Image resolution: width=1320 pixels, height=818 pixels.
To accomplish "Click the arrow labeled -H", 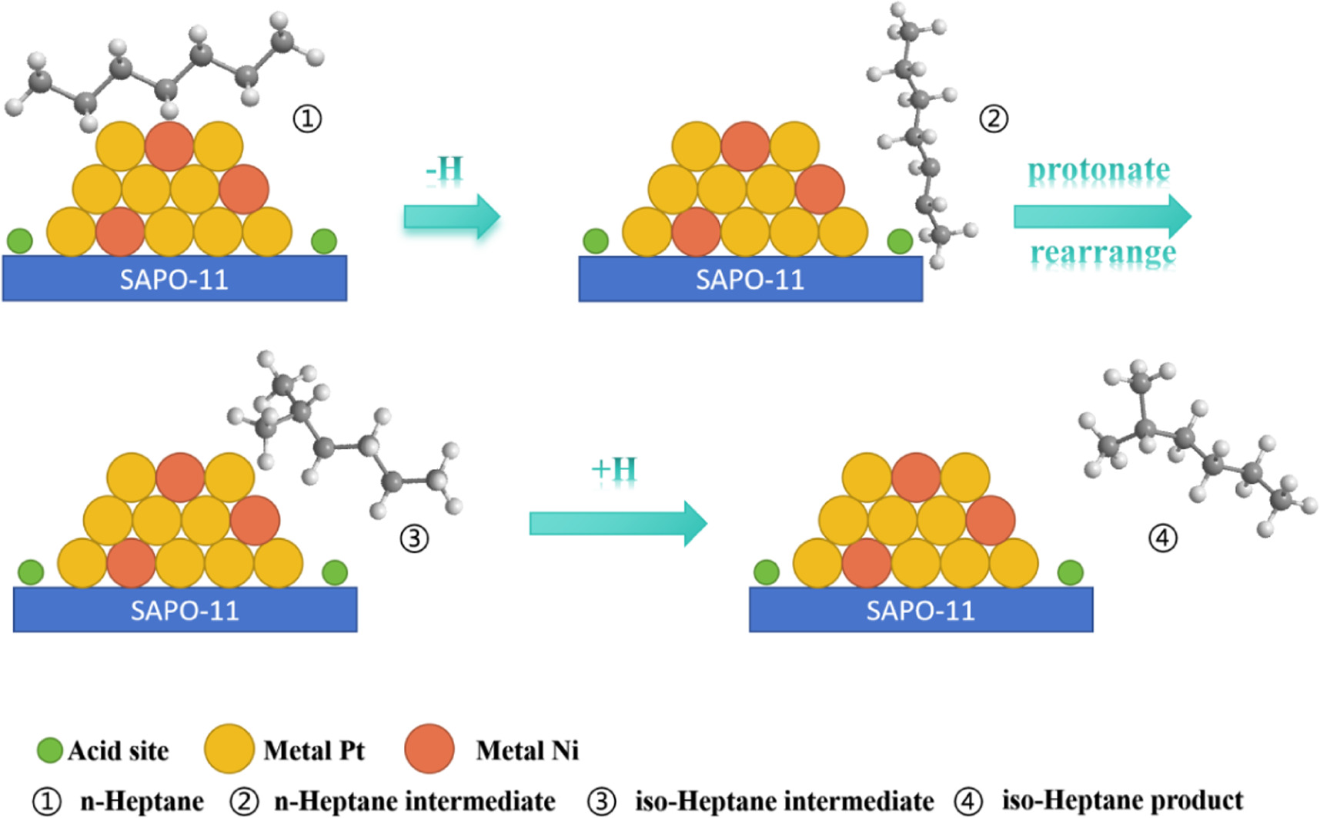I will coord(451,216).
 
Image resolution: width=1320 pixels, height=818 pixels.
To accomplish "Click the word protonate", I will coord(1098,170).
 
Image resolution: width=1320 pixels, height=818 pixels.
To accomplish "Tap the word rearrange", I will coord(1103,252).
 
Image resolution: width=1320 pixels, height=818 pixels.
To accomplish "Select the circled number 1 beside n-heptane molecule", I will coord(307,119).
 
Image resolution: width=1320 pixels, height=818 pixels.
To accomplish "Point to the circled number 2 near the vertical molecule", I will coord(993,119).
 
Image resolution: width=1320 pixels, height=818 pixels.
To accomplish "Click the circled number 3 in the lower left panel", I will coord(414,538).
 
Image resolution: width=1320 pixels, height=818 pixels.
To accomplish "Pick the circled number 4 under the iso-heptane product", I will coord(1162,538).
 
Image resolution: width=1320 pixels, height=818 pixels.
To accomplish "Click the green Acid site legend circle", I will coord(50,750).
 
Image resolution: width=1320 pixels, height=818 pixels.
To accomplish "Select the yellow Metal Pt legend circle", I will coord(229,749).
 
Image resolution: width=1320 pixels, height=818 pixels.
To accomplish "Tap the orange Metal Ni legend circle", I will coord(429,749).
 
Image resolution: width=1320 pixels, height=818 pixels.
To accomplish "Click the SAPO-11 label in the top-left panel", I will coord(174,279).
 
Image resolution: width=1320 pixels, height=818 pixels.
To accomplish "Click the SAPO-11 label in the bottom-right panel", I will coord(921,611).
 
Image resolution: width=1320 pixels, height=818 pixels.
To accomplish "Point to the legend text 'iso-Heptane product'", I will coord(1122,800).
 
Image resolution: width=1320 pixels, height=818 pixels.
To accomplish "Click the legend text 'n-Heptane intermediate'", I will coord(415,801).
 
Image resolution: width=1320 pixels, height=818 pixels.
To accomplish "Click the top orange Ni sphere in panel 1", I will coord(169,146).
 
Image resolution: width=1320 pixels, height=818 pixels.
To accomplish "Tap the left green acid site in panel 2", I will coord(596,241).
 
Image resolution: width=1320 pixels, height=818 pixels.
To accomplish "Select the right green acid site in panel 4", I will coord(1071,572).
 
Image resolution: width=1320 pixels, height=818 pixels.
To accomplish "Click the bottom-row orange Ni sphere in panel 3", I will coord(131,563).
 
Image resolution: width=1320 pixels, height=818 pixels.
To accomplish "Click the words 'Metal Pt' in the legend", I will coord(314,750).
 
